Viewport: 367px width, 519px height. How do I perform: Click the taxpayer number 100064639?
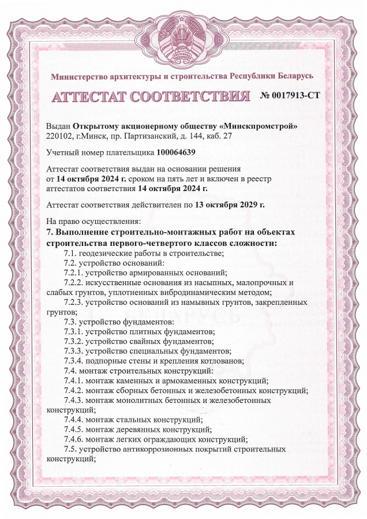pyautogui.click(x=176, y=152)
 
